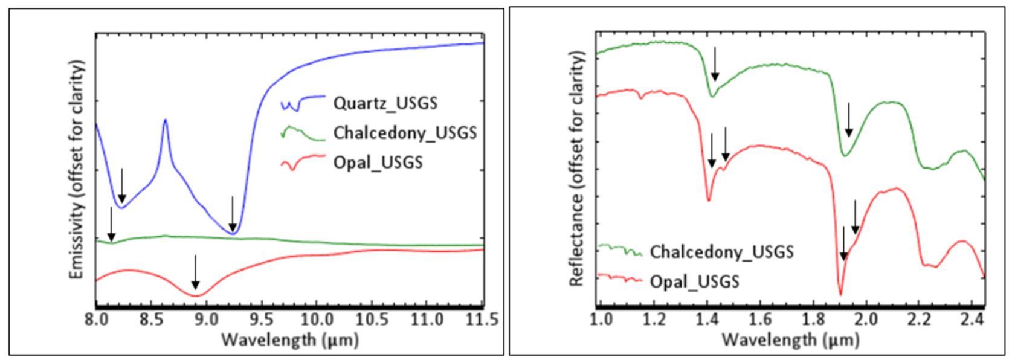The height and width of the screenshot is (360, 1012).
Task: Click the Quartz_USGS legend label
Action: coord(385,103)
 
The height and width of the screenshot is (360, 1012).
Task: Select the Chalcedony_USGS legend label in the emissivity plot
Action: coord(405,133)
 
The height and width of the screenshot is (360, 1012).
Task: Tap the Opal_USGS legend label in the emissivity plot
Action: coord(378,162)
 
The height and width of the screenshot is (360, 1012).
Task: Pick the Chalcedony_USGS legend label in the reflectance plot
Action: coord(721,252)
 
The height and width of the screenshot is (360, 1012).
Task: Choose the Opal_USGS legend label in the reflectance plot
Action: coord(694,281)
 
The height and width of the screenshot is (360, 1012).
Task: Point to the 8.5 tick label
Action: coord(151,318)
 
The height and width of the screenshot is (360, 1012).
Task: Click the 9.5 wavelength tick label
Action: coord(261,318)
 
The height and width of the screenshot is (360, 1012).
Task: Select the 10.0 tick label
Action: coord(316,318)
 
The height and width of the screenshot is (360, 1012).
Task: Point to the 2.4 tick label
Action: coord(972,318)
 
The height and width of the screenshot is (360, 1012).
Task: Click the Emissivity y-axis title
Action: coord(76,170)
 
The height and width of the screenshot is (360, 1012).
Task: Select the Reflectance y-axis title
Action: coord(576,169)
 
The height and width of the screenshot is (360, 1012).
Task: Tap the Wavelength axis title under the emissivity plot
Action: coord(289,339)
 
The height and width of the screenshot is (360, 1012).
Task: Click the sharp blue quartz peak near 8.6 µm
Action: coord(165,121)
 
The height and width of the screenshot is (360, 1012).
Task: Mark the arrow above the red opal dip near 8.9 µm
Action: coord(195,272)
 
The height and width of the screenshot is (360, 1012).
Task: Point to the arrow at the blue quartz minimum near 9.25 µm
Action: coord(233,214)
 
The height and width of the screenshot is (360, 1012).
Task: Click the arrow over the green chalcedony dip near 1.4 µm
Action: coord(715,64)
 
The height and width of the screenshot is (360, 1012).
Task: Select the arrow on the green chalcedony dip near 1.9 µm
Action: coord(849,120)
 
